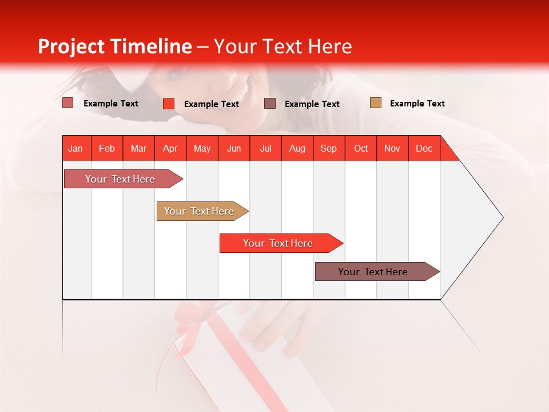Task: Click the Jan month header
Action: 76,148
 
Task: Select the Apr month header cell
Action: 170,148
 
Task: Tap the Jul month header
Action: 265,148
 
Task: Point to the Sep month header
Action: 329,148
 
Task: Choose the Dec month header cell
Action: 424,148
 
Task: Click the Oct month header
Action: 361,148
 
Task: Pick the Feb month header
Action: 107,148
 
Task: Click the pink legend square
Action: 67,103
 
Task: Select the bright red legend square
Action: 169,104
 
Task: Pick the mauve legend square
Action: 270,103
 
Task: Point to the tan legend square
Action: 375,103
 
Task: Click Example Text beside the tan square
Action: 417,104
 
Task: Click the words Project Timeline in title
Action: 114,46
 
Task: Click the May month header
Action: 202,148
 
